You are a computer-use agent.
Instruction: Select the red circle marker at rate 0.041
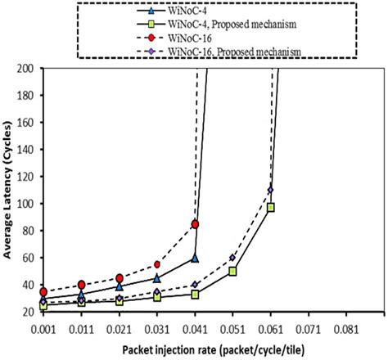pyautogui.click(x=195, y=223)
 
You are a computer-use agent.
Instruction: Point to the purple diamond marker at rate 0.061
pyautogui.click(x=270, y=190)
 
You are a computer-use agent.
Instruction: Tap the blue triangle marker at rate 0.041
pyautogui.click(x=195, y=258)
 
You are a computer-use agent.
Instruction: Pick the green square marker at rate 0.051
pyautogui.click(x=232, y=271)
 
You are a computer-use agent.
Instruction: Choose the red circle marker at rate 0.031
pyautogui.click(x=157, y=264)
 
